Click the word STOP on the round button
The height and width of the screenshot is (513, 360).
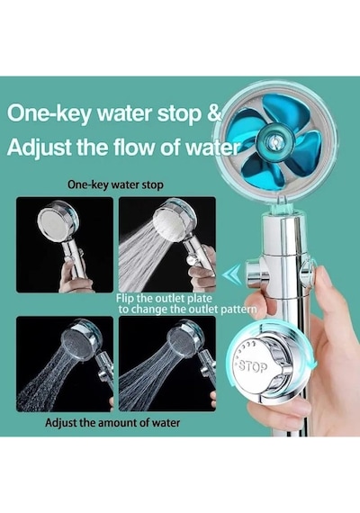tap(254, 367)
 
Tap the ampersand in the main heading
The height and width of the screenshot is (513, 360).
tap(215, 113)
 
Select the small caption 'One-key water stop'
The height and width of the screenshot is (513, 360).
tap(115, 184)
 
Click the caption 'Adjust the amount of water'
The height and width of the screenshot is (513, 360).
tap(112, 422)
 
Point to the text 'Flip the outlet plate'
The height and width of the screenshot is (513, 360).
tap(164, 298)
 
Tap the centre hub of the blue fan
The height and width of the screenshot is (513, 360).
tap(274, 141)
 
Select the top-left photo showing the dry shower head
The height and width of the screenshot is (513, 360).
tap(65, 245)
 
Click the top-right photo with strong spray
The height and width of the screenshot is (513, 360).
tap(167, 245)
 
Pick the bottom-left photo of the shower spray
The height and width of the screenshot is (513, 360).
tap(65, 364)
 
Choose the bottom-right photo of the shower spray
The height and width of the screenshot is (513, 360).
tap(167, 364)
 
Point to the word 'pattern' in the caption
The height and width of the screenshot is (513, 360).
tap(238, 310)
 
